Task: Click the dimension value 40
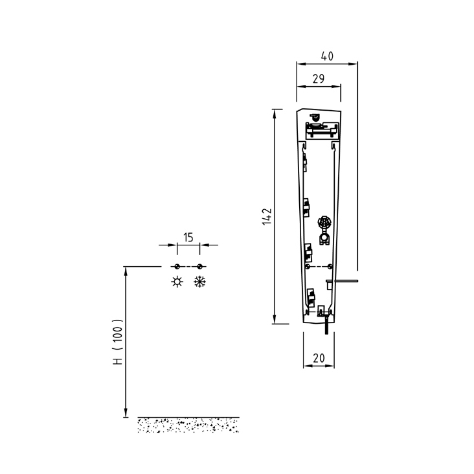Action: pyautogui.click(x=326, y=57)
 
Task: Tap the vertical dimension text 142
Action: pyautogui.click(x=267, y=216)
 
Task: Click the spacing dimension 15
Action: pyautogui.click(x=188, y=238)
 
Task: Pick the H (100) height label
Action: pyautogui.click(x=117, y=342)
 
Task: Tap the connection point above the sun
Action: pyautogui.click(x=177, y=266)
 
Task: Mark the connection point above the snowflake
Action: pyautogui.click(x=200, y=266)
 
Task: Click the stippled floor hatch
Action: pyautogui.click(x=188, y=425)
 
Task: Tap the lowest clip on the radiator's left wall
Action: pyautogui.click(x=310, y=296)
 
